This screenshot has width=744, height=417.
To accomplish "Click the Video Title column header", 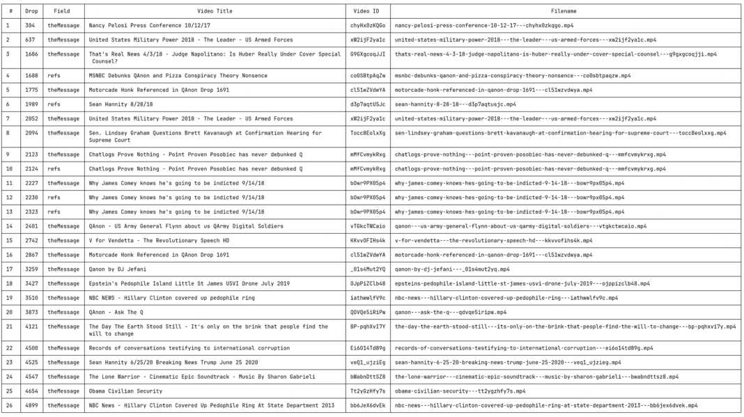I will (x=215, y=11).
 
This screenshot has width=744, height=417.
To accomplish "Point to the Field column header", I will (x=62, y=11).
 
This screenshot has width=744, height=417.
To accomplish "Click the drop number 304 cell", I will (x=30, y=26).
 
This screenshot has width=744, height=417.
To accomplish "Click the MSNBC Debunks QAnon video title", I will (x=178, y=76).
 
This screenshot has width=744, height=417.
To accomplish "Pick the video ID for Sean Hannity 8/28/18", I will (x=367, y=104).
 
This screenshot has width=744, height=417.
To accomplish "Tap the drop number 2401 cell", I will (x=31, y=226).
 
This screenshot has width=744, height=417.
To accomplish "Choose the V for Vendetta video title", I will (x=159, y=241).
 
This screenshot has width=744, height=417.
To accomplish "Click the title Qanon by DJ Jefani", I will (x=117, y=269).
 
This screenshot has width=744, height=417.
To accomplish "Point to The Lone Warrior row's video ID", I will (x=367, y=377).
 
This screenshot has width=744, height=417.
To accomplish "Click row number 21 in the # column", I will (x=9, y=326).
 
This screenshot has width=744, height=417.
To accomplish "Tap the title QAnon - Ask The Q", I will (x=116, y=313).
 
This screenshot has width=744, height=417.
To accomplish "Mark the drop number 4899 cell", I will (x=31, y=405).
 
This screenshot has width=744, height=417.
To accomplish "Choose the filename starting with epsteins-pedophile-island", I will (x=522, y=284).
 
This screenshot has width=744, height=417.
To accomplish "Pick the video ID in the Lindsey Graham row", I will (x=367, y=133).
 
